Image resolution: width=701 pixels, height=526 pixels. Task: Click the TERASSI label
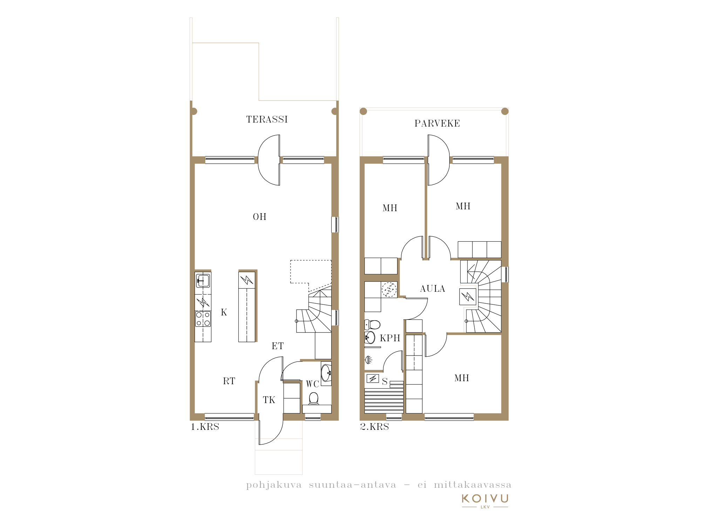pos(267,120)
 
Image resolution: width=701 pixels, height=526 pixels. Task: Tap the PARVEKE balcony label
pos(437,123)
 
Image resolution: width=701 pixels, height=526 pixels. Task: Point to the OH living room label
pos(260,217)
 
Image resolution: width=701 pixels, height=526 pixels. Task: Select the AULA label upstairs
pos(433,289)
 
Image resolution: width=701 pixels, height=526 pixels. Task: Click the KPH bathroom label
pos(390,338)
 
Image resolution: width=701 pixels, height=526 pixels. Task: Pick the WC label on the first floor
pos(312,384)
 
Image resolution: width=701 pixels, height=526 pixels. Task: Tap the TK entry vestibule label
pos(269,400)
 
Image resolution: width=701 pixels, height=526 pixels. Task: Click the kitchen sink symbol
pos(203,281)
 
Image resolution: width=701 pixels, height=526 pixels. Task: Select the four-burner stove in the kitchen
pos(203,319)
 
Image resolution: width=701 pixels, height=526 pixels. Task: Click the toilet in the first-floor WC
pos(314,398)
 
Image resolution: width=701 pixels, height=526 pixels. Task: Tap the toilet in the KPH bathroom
pos(372,324)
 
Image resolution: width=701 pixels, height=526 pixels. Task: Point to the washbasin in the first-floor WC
pos(326,373)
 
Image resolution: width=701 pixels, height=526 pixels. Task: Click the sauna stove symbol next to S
pos(373,379)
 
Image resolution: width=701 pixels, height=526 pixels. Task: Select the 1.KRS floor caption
pos(205,427)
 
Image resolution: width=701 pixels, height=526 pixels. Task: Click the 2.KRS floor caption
pos(374,427)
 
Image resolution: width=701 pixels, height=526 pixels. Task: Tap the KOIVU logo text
pos(485,498)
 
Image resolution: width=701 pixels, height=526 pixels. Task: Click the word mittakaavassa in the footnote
pos(472,485)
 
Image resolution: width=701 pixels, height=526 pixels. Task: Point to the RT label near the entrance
pos(229,381)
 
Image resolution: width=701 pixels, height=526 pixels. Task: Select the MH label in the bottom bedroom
pos(462,378)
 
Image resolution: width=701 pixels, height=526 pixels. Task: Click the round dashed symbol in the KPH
pos(389,290)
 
